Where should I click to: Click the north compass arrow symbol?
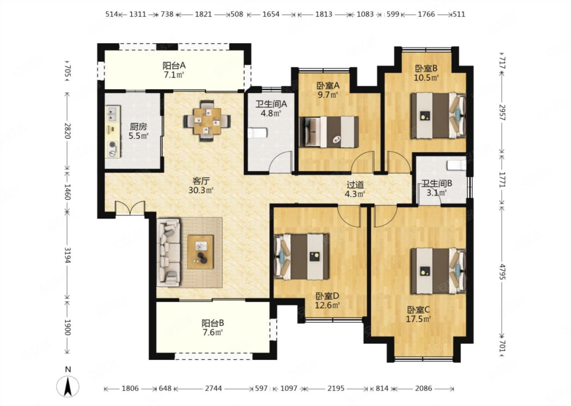[67, 387]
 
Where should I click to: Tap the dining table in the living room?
[207, 121]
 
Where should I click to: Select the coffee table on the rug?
[200, 252]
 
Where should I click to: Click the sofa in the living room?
[168, 252]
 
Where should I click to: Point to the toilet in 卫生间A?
[257, 133]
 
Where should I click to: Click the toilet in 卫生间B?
[456, 165]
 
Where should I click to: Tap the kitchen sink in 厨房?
[113, 114]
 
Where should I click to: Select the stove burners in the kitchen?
[113, 149]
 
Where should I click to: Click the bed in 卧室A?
[329, 132]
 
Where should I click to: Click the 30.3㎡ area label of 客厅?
[201, 190]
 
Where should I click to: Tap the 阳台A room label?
[174, 66]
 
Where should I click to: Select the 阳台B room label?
[213, 324]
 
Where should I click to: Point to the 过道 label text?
[355, 185]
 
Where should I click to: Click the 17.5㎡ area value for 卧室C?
[418, 319]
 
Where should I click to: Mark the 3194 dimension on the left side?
[67, 255]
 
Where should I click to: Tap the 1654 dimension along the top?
[271, 14]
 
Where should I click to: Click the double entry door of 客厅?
[130, 208]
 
